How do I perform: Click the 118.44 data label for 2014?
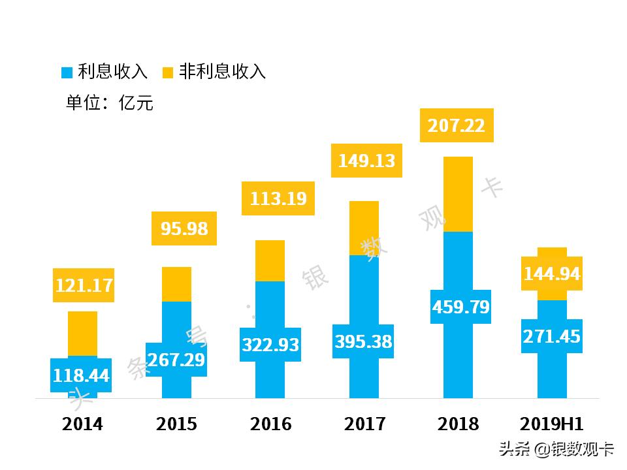(82, 375)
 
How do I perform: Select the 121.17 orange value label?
(84, 285)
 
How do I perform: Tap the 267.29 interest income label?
(176, 360)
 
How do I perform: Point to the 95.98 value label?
(184, 228)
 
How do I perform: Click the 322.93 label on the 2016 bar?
(270, 344)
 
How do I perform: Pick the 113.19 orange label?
(278, 198)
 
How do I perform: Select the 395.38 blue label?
(364, 341)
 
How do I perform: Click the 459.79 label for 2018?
(460, 307)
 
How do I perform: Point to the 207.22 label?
(457, 125)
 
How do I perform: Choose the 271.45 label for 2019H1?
(551, 337)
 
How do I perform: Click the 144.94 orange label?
(551, 274)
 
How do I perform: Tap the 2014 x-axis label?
(82, 424)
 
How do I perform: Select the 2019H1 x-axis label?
(551, 424)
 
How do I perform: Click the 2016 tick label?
(270, 424)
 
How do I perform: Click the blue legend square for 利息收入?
(67, 72)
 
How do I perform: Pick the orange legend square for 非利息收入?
(168, 72)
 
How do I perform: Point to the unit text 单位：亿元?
(110, 103)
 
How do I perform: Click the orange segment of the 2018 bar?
(458, 195)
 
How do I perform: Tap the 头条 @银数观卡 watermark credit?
(556, 449)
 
